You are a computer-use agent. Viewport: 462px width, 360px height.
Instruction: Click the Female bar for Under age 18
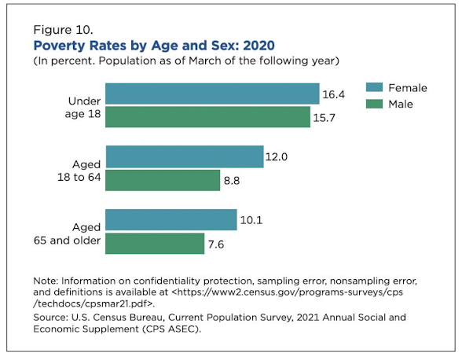[212, 94]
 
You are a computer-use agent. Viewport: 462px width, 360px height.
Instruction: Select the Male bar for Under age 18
[208, 117]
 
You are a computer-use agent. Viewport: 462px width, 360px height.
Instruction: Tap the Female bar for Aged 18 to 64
[184, 156]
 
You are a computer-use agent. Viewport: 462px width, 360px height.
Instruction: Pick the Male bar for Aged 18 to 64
[163, 180]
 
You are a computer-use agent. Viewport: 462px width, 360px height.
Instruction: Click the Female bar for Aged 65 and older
[170, 220]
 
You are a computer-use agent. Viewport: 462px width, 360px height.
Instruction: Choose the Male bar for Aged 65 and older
[155, 244]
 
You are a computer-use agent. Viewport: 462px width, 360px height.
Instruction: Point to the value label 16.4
[334, 94]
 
